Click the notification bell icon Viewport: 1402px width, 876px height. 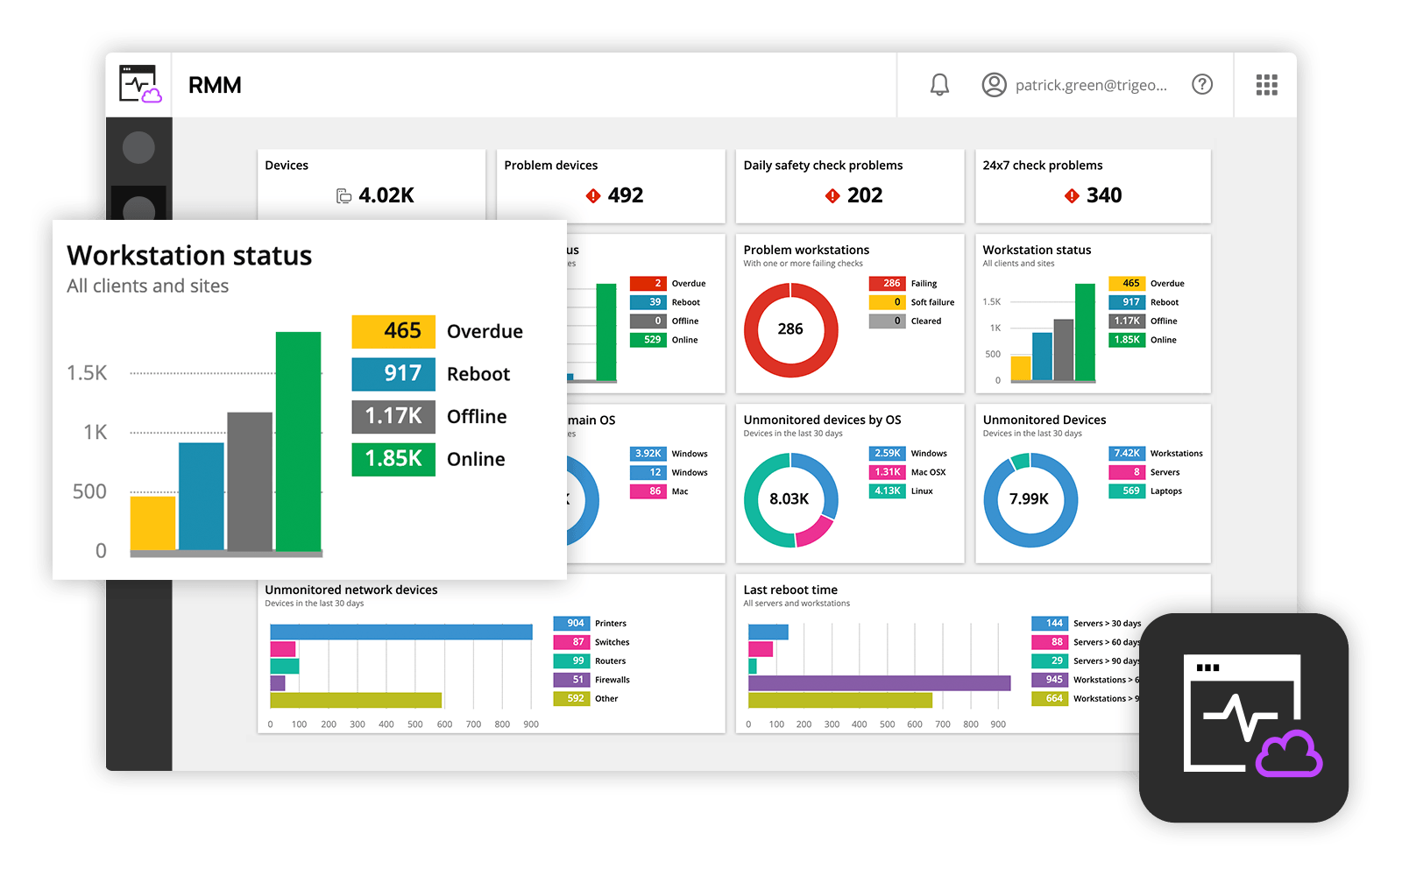tap(939, 85)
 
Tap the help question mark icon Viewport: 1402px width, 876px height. tap(1202, 85)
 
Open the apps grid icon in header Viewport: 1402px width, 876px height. tap(1266, 85)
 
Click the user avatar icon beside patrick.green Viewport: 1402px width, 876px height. tap(994, 85)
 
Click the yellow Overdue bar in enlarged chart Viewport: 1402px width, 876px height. tap(152, 523)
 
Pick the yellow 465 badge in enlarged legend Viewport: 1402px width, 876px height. tap(393, 331)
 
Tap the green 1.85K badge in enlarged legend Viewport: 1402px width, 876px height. tap(393, 459)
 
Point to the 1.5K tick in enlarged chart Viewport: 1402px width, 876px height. tap(87, 373)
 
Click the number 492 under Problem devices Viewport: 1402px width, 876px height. tap(626, 195)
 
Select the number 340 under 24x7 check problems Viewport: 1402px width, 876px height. tap(1104, 195)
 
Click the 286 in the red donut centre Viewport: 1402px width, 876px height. tap(790, 329)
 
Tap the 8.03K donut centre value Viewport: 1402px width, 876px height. tap(790, 499)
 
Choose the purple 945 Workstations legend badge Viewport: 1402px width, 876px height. tap(1050, 680)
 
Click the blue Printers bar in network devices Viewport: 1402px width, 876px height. tap(400, 632)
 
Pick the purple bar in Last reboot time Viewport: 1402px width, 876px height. tap(879, 683)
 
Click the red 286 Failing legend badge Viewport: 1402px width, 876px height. tap(887, 283)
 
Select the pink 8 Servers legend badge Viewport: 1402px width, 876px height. tap(1127, 472)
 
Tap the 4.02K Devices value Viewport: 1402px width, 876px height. tap(386, 195)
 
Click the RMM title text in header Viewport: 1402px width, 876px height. tap(215, 85)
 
